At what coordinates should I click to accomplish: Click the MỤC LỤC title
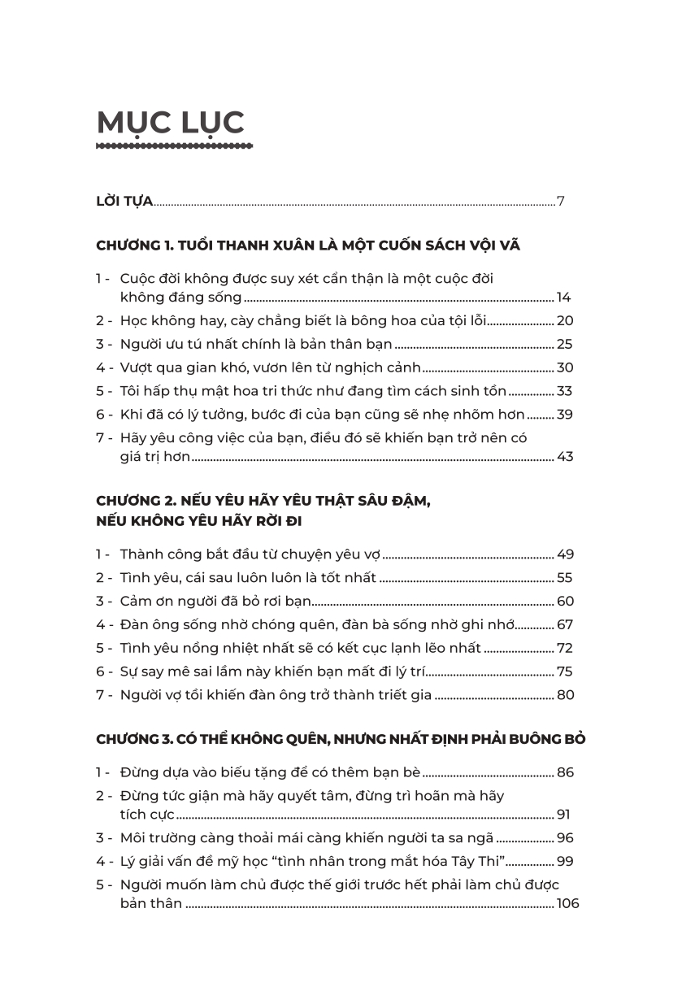coord(170,122)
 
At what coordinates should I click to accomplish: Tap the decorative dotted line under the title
coord(174,146)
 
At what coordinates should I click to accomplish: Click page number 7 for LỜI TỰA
coord(560,202)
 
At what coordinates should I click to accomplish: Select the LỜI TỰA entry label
coord(124,202)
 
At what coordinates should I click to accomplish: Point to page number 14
coord(564,298)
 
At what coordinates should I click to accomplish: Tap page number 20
coord(565,320)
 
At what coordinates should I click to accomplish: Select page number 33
coord(565,391)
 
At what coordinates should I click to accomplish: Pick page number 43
coord(565,457)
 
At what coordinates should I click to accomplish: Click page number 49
coord(565,554)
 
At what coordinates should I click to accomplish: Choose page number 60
coord(565,602)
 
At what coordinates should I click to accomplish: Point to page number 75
coord(565,672)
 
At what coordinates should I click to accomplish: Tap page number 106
coord(567,903)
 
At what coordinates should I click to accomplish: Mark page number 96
coord(565,838)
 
